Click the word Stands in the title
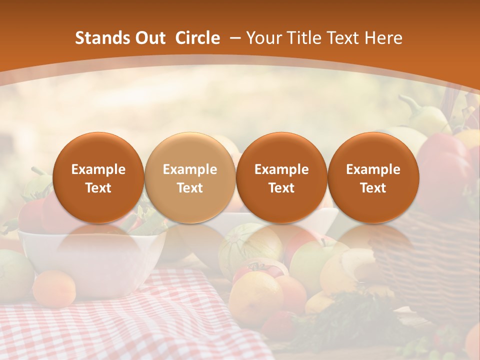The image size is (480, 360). [x=100, y=38]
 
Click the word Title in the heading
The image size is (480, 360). [x=305, y=38]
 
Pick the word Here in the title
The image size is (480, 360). [x=384, y=38]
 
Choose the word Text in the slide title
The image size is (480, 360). [x=345, y=38]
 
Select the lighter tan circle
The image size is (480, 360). [x=190, y=177]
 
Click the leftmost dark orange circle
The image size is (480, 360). [x=98, y=177]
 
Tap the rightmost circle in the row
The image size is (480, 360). [x=373, y=177]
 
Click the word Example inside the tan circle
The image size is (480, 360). [x=190, y=169]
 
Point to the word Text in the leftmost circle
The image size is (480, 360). [x=98, y=188]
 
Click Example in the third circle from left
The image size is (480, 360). [x=281, y=169]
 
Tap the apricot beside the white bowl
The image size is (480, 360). [x=54, y=288]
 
